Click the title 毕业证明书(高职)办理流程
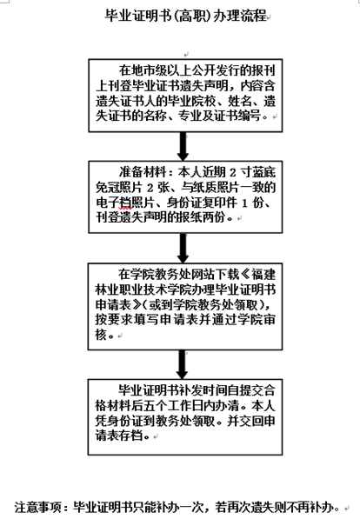[186, 16]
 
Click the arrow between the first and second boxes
[183, 147]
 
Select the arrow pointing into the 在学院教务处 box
[183, 249]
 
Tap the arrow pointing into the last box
[182, 364]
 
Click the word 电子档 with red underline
[114, 203]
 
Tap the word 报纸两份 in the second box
[201, 217]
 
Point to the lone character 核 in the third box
[101, 335]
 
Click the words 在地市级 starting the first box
[137, 70]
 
